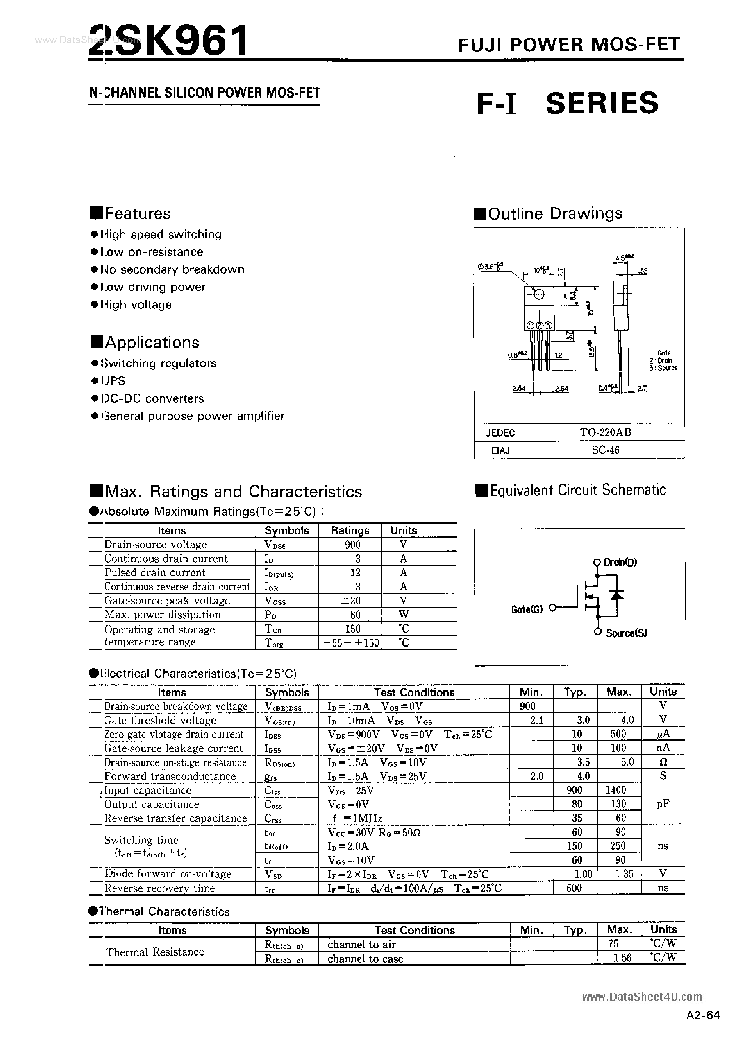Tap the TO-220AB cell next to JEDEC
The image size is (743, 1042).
(605, 432)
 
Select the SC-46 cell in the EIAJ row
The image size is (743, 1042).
(605, 450)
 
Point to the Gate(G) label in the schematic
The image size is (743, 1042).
(527, 609)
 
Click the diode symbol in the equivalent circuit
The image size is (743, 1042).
(618, 595)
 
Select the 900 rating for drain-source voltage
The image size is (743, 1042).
(353, 544)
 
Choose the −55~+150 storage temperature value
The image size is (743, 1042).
(351, 643)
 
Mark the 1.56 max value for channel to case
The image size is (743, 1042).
(622, 957)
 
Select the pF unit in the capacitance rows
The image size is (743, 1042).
(663, 804)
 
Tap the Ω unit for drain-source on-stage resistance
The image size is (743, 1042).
(663, 762)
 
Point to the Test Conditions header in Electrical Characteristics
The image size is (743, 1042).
(414, 692)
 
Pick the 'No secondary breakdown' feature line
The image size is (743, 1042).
(171, 269)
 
